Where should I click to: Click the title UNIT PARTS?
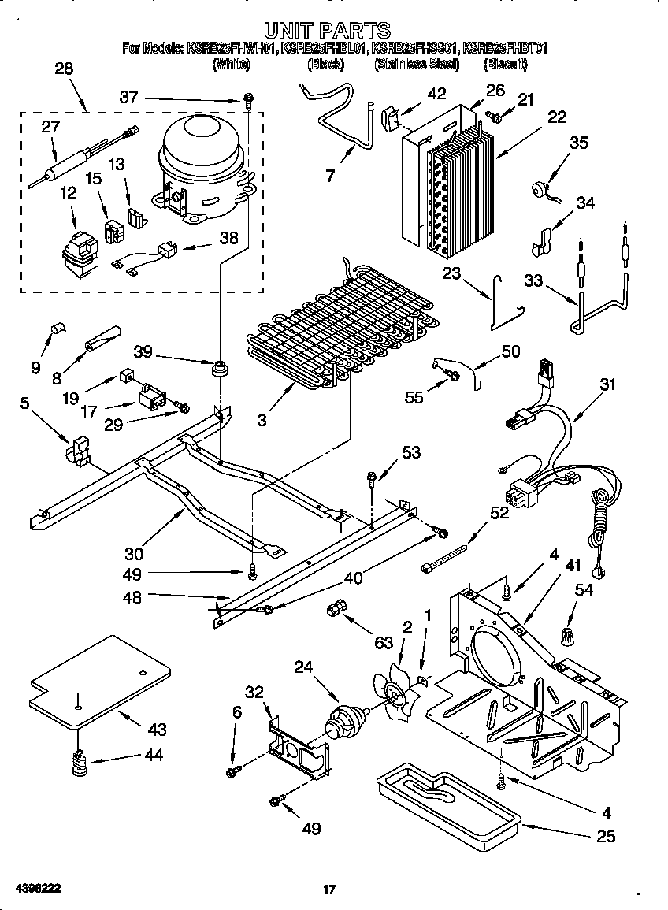327,30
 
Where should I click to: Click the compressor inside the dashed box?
203,165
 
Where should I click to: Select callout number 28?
63,69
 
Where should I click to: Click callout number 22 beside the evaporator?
557,117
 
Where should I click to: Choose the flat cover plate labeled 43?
98,678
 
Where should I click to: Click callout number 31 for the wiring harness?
608,384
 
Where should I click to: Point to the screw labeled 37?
248,100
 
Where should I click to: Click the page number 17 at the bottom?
329,890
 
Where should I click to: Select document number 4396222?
36,888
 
